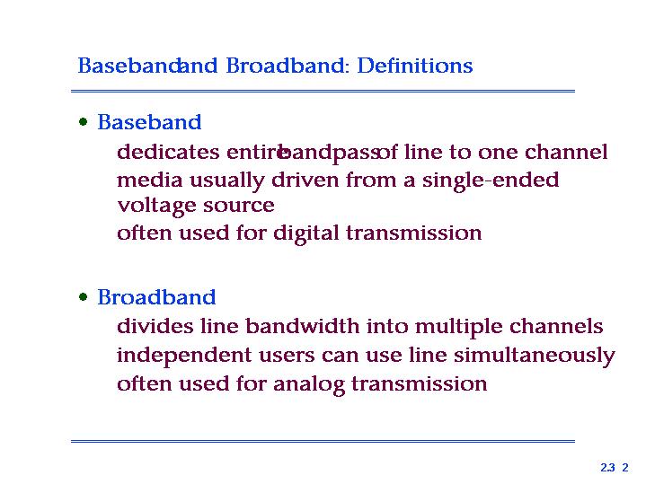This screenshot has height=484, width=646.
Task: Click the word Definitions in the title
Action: [x=415, y=66]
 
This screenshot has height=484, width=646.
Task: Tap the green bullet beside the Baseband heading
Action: [x=84, y=122]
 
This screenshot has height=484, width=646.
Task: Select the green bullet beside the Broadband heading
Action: [x=84, y=297]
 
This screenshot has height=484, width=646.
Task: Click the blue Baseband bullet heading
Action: [x=149, y=122]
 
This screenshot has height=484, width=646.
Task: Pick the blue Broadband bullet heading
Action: [x=156, y=297]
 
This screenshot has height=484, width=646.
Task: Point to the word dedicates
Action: [x=168, y=152]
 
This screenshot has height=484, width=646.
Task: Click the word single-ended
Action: [x=491, y=180]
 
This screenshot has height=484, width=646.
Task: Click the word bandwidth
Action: [x=303, y=326]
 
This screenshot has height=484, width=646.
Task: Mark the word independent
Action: [x=184, y=356]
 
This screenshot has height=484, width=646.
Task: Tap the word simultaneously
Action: [x=535, y=356]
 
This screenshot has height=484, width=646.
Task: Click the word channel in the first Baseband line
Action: [x=566, y=152]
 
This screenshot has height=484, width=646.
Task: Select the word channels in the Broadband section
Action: [x=556, y=326]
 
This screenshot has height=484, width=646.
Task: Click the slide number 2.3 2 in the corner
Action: [x=615, y=468]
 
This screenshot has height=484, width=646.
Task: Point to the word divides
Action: [x=155, y=326]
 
